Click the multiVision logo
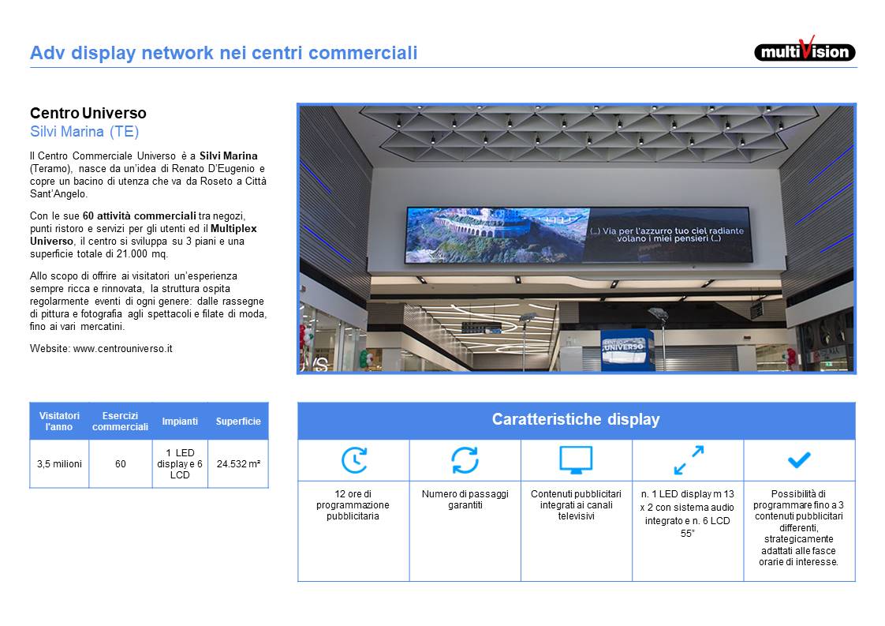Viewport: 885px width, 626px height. pos(805,50)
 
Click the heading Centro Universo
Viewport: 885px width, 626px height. pos(88,113)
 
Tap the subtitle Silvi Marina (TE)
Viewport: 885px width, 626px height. pos(84,132)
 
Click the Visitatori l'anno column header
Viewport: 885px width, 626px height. pos(59,421)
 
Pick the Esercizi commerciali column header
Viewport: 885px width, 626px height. pos(120,421)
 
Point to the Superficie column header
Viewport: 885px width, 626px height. pos(238,421)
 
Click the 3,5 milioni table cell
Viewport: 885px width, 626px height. pos(59,464)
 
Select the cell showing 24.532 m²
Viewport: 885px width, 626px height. pos(238,464)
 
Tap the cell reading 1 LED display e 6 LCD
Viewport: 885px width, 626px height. pos(180,464)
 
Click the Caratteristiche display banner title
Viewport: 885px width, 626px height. pos(576,419)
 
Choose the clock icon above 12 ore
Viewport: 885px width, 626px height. pos(354,460)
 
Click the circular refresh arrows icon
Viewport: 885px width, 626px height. pos(465,460)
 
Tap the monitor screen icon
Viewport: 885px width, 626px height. pos(576,459)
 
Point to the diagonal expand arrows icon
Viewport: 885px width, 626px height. pos(689,460)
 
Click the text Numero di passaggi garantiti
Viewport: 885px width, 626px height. pos(465,500)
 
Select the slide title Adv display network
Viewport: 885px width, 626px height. pos(223,53)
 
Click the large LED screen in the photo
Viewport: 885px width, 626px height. pos(579,235)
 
